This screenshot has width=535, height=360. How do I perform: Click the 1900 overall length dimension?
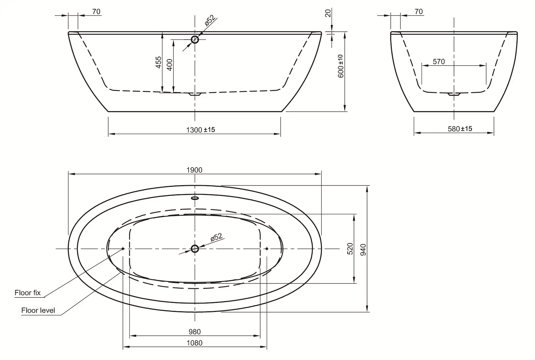point(194,170)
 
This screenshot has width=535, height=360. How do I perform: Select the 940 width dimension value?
point(363,250)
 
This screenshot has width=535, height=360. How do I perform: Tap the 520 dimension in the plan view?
point(350,249)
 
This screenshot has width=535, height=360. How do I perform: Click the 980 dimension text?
point(194,332)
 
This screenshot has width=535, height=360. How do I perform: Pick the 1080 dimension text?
point(194,343)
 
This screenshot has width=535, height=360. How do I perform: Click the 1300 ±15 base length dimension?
point(200,130)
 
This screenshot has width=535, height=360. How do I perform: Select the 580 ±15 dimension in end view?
point(460,129)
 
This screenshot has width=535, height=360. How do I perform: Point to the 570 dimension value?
point(439,62)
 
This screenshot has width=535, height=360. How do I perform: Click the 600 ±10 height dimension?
point(341,66)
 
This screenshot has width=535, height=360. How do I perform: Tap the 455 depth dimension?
point(158,62)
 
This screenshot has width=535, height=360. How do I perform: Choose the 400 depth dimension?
point(169,65)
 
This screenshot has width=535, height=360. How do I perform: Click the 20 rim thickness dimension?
point(328,13)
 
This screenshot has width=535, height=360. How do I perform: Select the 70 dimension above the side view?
point(96,12)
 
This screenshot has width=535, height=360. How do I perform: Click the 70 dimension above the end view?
point(419,12)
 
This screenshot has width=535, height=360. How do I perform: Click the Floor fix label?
point(28,293)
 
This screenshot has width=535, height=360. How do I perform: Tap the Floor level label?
point(38,310)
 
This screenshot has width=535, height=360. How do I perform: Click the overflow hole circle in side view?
point(195,40)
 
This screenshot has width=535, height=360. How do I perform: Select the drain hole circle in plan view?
point(195,249)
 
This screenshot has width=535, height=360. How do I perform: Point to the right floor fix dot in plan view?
point(267,249)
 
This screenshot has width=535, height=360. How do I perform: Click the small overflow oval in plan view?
point(195,198)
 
